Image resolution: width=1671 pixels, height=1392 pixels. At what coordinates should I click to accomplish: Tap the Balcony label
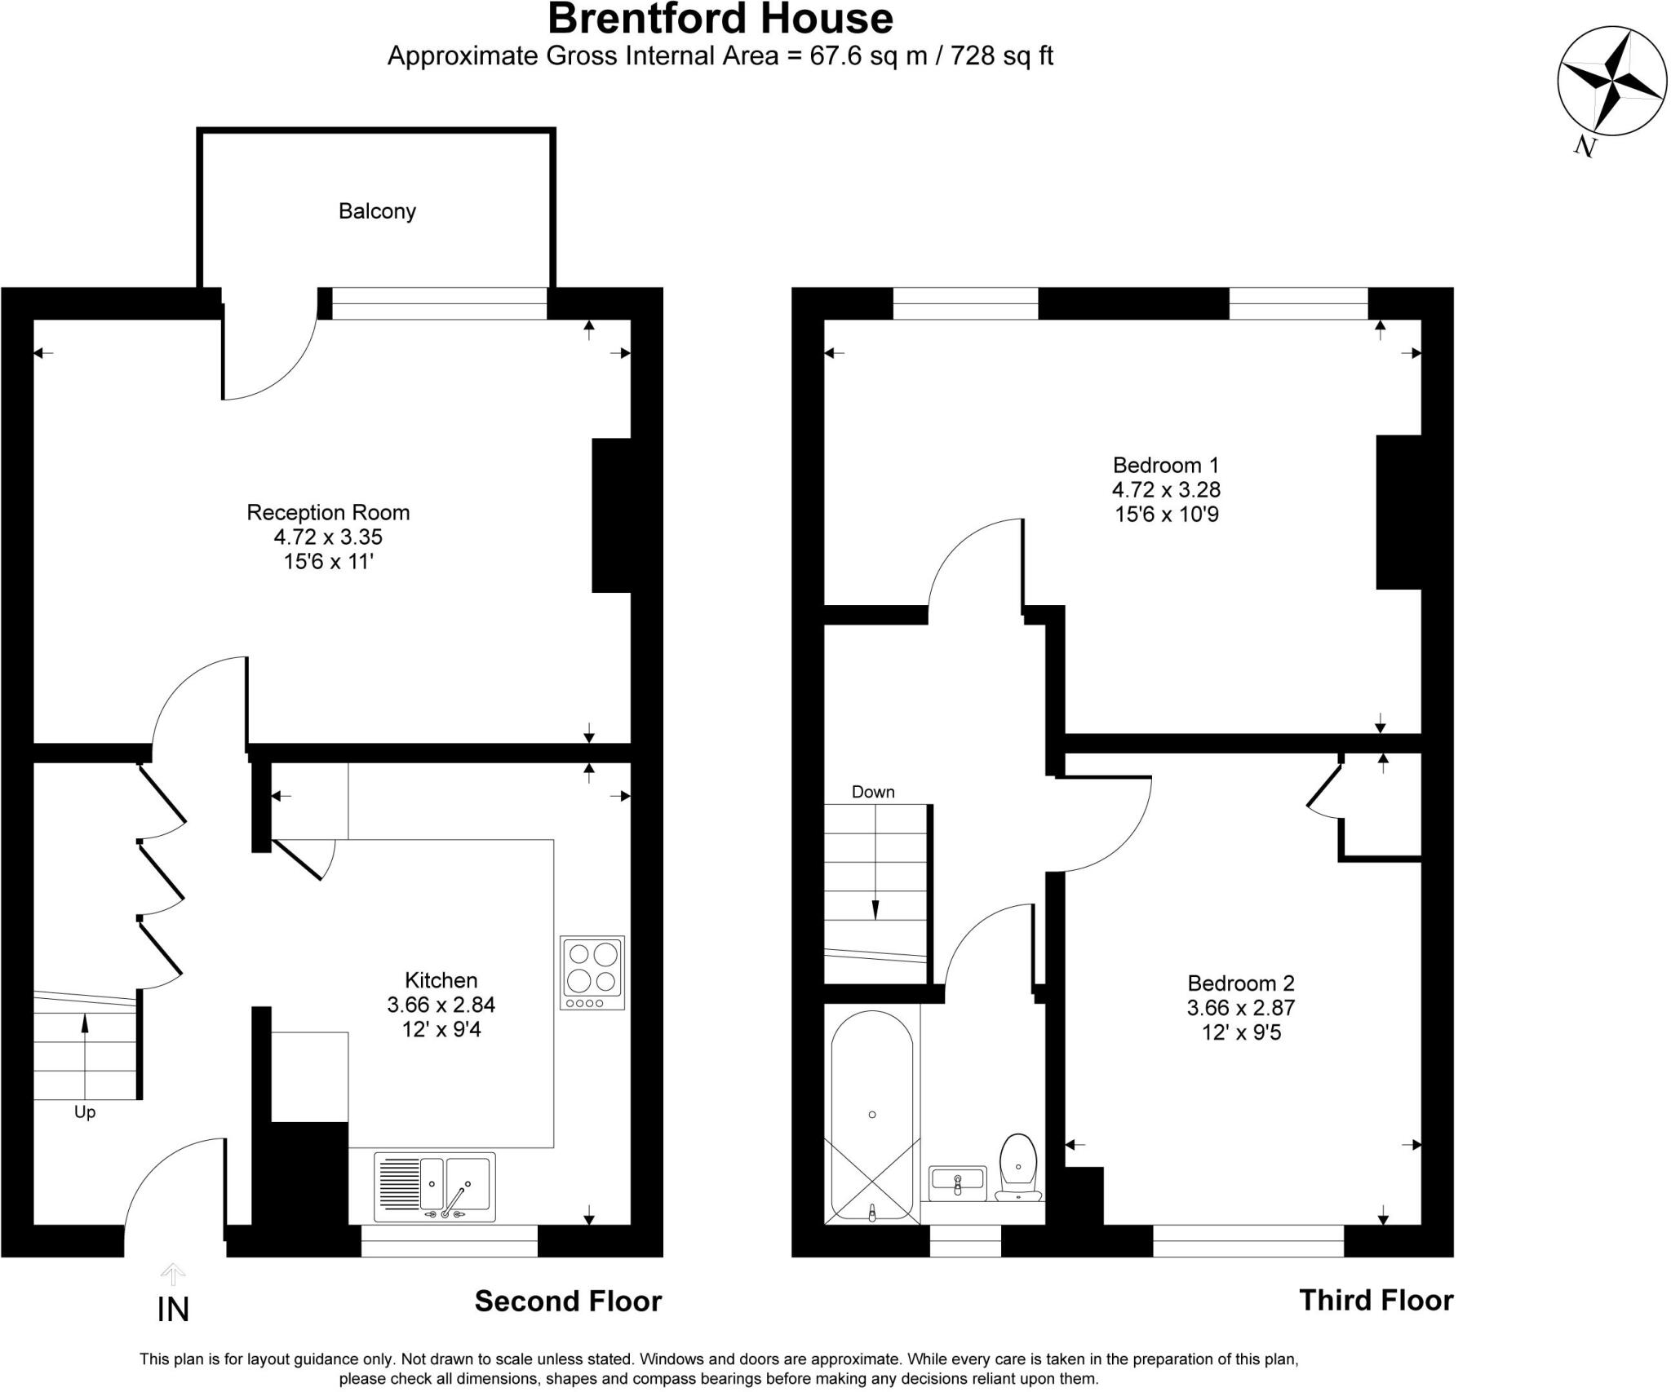(x=377, y=211)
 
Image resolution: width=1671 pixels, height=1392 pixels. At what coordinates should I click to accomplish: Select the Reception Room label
(x=328, y=512)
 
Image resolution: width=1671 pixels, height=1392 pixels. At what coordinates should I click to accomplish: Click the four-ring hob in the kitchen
(x=592, y=972)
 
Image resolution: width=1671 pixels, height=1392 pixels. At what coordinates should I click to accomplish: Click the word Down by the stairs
(x=873, y=792)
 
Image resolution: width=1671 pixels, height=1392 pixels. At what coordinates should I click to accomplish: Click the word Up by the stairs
(x=85, y=1112)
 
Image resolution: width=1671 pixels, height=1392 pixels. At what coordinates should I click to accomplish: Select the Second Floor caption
(x=568, y=1301)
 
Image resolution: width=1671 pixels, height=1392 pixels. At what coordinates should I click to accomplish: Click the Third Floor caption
(x=1376, y=1300)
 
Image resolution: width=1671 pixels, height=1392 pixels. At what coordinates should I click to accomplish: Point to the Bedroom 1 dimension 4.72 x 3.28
(x=1166, y=489)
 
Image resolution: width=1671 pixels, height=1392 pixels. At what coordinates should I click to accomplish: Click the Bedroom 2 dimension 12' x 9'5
(x=1241, y=1032)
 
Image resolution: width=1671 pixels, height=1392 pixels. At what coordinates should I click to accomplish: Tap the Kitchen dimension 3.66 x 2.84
(x=441, y=1005)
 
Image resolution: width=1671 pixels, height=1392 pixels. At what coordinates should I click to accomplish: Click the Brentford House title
(x=720, y=20)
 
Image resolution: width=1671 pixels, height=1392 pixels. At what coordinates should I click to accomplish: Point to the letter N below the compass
(x=1585, y=146)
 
